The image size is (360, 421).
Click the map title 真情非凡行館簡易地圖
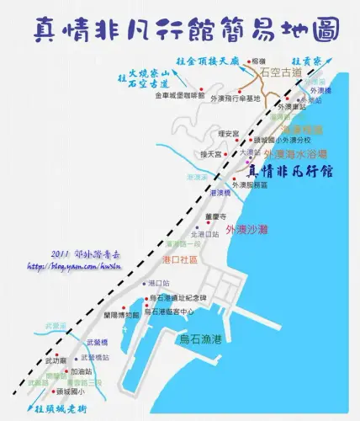(179, 29)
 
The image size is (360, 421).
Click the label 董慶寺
(217, 216)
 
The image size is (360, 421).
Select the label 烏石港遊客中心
(172, 312)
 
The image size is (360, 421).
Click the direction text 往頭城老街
(66, 410)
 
